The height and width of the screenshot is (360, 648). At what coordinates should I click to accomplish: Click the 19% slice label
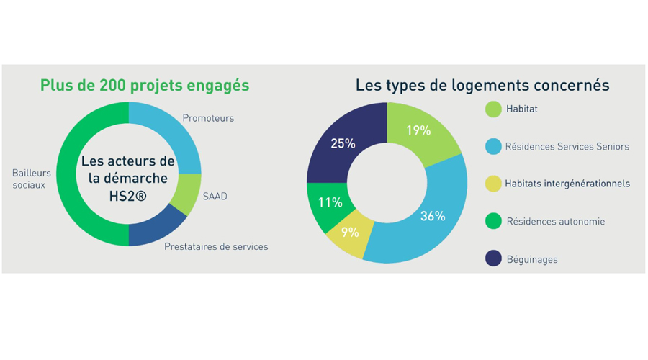pos(418,131)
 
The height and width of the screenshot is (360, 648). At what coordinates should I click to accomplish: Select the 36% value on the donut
pos(433,216)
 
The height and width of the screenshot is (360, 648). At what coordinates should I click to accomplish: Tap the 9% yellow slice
pos(350,233)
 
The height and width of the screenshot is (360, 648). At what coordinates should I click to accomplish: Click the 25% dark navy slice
pos(343,143)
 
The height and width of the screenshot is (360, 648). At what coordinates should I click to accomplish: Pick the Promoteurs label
pos(208,118)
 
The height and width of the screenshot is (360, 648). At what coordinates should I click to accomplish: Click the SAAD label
pos(215,196)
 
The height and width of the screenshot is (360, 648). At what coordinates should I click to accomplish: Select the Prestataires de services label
pos(216,247)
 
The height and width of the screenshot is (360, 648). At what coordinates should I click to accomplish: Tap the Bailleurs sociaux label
pos(31,179)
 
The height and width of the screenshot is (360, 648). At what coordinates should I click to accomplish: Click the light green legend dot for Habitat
pos(493,109)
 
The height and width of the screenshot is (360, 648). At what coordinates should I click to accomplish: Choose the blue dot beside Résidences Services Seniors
pos(493,147)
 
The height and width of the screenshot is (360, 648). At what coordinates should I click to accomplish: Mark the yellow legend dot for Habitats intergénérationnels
pos(493,184)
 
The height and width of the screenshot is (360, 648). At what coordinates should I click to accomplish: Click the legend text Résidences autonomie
pos(555,222)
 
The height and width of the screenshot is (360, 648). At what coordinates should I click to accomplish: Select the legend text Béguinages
pos(532,259)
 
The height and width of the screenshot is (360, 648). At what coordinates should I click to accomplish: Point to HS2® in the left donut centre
pos(128,194)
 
